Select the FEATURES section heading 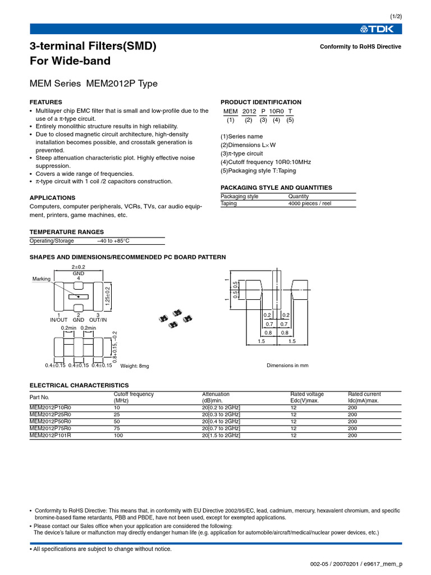tap(46, 102)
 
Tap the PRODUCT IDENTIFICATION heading tap(260, 102)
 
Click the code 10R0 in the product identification tap(276, 111)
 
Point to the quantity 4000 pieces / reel tap(307, 203)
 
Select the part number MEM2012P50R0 tap(51, 421)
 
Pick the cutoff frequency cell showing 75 tap(117, 428)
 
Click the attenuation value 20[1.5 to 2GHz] tap(221, 435)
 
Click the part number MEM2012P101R tap(51, 435)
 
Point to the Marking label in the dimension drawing tap(42, 279)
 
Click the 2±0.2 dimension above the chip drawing tap(79, 266)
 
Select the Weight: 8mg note tap(135, 366)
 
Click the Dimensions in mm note tap(287, 366)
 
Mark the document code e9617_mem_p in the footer tap(385, 563)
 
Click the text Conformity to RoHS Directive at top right tap(360, 47)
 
